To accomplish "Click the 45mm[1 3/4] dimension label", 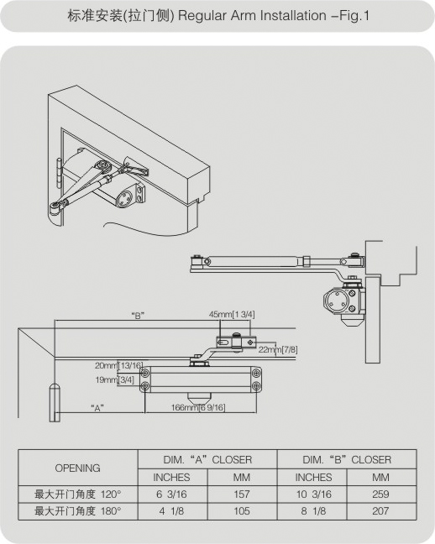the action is tap(232, 314).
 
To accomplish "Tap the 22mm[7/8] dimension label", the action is tap(278, 349).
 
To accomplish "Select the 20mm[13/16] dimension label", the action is tap(118, 365).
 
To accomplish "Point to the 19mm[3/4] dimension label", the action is tap(114, 380).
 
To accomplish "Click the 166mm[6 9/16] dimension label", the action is tap(198, 407).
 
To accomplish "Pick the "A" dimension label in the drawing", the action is tap(97, 408).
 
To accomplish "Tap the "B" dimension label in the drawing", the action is tap(138, 316).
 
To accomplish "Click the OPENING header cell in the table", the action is tap(78, 468).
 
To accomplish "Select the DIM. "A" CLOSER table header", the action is tap(207, 460).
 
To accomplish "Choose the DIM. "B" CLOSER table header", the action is tap(347, 460).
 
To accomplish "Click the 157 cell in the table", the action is tap(242, 494).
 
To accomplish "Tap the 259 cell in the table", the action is tap(380, 494).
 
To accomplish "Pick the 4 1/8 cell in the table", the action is tap(172, 511).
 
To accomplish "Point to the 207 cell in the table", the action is tap(380, 511).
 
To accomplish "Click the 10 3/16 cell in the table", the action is tap(314, 494).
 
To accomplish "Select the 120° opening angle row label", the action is tap(78, 494).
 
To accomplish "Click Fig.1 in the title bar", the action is tap(354, 16).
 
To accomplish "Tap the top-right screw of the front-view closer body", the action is tap(256, 373).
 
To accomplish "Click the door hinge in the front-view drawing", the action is tap(55, 403).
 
